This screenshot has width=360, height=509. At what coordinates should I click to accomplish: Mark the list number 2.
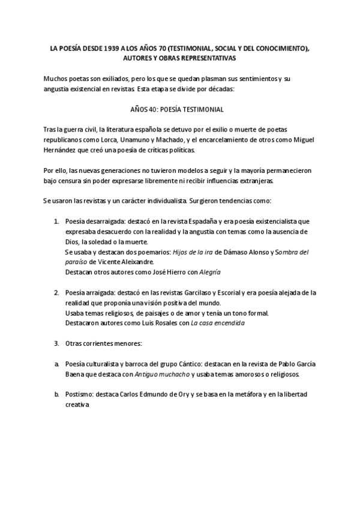[x=56, y=293]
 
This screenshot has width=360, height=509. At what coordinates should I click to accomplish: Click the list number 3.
[x=56, y=344]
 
